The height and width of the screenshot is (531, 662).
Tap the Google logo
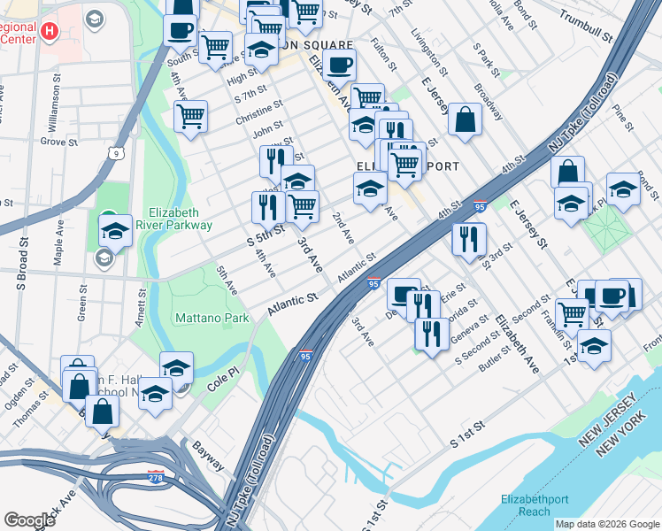[x=30, y=520]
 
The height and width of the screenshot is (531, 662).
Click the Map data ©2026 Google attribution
[x=606, y=524]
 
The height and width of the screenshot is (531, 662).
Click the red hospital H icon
[x=50, y=31]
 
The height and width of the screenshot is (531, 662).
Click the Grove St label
[x=58, y=141]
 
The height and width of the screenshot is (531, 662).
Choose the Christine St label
[x=258, y=112]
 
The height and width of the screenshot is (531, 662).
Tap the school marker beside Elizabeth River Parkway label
[x=115, y=232]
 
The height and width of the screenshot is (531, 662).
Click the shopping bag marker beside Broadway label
[x=465, y=119]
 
